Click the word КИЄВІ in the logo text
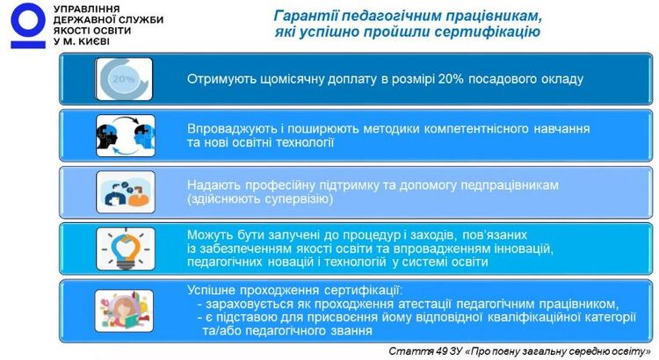pyautogui.click(x=91, y=41)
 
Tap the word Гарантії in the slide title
pyautogui.click(x=306, y=16)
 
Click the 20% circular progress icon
pyautogui.click(x=124, y=79)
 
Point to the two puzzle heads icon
pyautogui.click(x=126, y=136)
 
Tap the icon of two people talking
pyautogui.click(x=126, y=192)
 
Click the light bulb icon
pyautogui.click(x=126, y=248)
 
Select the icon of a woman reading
pyautogui.click(x=124, y=311)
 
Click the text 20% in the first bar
pyautogui.click(x=451, y=79)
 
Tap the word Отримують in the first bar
pyautogui.click(x=215, y=79)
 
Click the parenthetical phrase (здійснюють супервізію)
pyautogui.click(x=260, y=198)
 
